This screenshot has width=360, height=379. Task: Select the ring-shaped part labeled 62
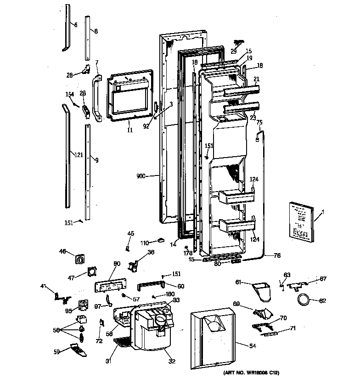tap(303, 301)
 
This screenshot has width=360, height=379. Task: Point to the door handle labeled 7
tap(97, 97)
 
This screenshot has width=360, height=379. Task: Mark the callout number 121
tap(79, 155)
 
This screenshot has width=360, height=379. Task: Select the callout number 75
tap(259, 122)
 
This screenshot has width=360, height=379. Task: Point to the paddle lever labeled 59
tap(77, 349)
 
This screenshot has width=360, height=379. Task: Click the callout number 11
tap(129, 130)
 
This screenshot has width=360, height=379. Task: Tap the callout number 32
tap(172, 361)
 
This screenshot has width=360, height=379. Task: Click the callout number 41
tap(44, 286)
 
